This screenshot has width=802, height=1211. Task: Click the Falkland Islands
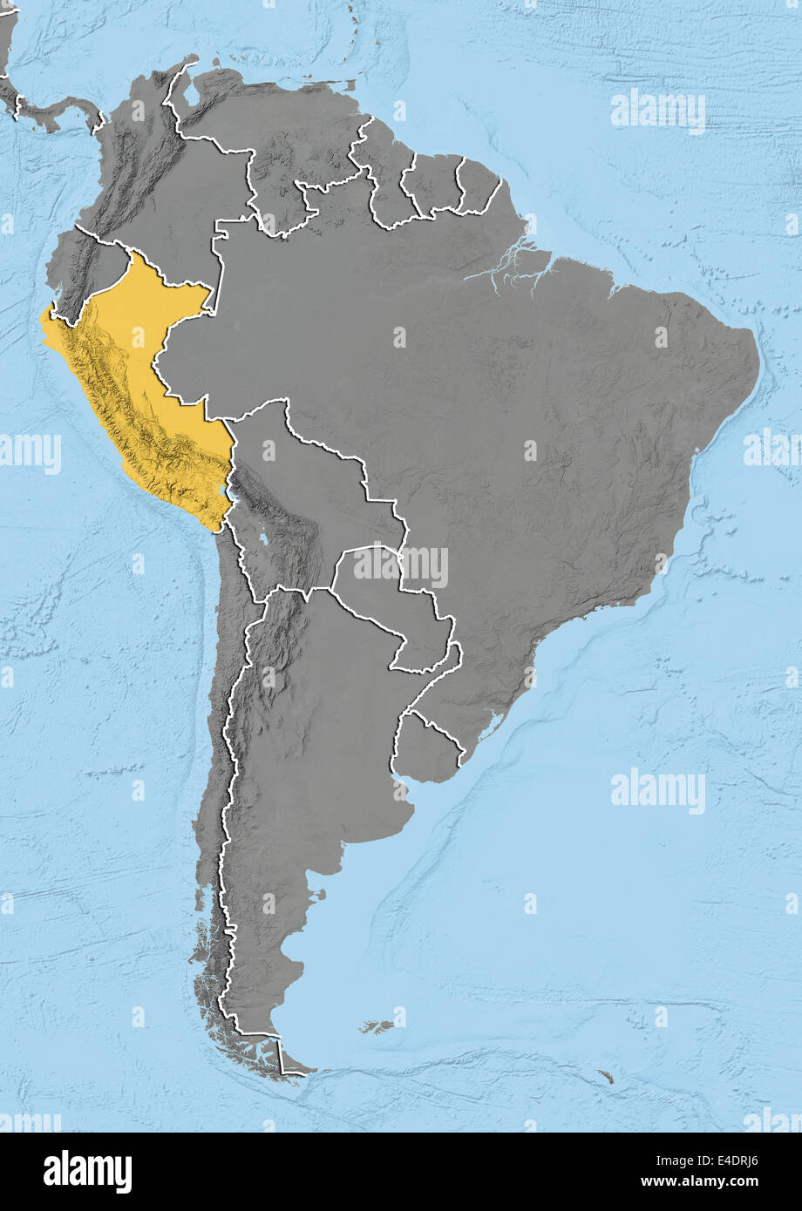pyautogui.click(x=379, y=1027)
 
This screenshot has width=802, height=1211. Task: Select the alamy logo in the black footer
pyautogui.click(x=87, y=1172)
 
